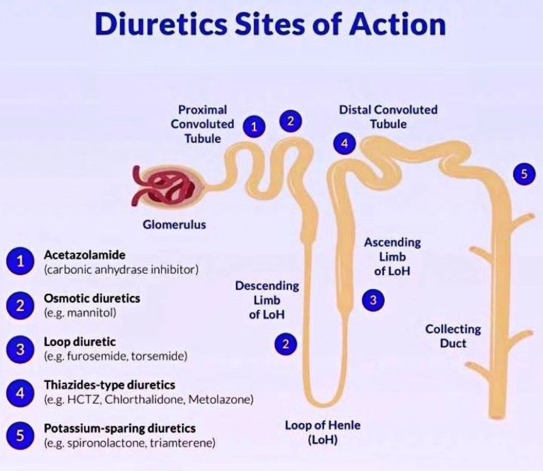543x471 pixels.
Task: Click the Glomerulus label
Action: pos(174,225)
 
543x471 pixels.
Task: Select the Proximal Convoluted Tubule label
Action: pos(202,124)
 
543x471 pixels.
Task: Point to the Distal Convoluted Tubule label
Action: pos(388,117)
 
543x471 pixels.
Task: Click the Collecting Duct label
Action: pos(453,336)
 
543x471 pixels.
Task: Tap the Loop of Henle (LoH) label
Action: pos(322,433)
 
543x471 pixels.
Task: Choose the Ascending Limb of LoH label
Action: pos(392,256)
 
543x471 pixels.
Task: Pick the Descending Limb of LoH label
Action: pos(267,300)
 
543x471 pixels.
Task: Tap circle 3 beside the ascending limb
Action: pos(373,299)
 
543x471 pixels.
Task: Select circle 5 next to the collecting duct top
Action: pos(524,174)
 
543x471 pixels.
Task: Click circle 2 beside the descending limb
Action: pos(286,343)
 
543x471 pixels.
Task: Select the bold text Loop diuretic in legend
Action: pos(79,342)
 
